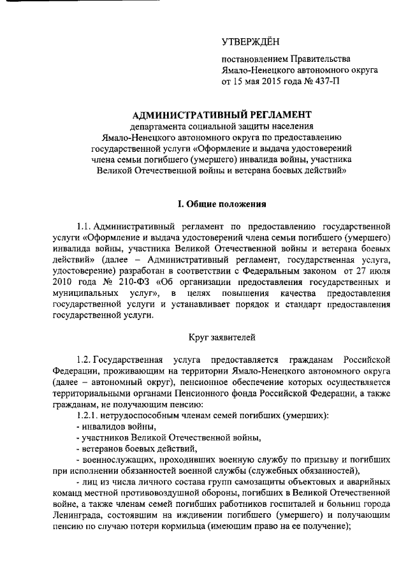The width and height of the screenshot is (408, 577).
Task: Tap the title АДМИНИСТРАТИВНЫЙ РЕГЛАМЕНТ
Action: coord(221,115)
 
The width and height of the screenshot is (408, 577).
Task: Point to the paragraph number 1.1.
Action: coord(84,226)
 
